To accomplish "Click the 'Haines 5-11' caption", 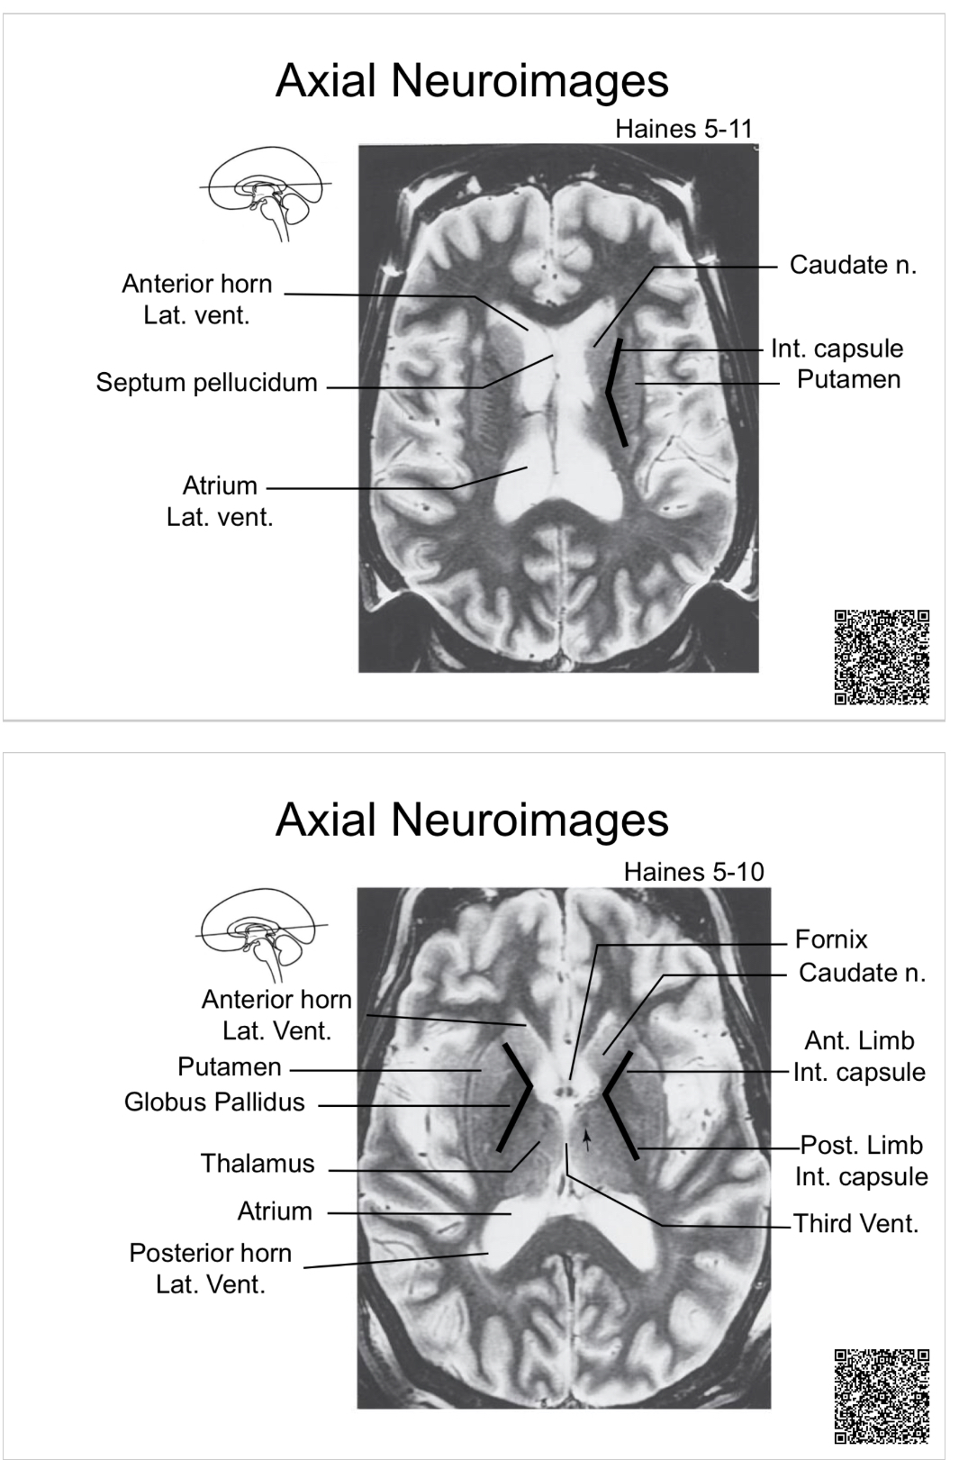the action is pos(683,129).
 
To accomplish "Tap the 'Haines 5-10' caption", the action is pos(693,872).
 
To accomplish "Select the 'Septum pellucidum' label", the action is pos(206,382).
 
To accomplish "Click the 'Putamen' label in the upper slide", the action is pos(848,379).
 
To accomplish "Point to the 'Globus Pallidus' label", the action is pos(214,1102).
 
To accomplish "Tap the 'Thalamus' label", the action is pos(258,1163).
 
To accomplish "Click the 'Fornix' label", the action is pos(831,939).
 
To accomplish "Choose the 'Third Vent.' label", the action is pos(855,1223).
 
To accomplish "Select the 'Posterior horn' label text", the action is pos(211,1253).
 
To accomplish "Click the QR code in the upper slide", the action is pos(882,657).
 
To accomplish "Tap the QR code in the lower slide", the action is pos(882,1395).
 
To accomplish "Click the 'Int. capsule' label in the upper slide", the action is pos(837,349).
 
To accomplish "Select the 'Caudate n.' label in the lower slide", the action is pos(862,972).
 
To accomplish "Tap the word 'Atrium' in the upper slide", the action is pos(220,485).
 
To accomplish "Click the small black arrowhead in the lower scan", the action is pos(587,1140).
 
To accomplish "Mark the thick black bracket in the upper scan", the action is pos(615,394).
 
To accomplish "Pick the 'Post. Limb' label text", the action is pos(862,1145).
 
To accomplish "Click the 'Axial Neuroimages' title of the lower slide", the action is pos(472,819).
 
